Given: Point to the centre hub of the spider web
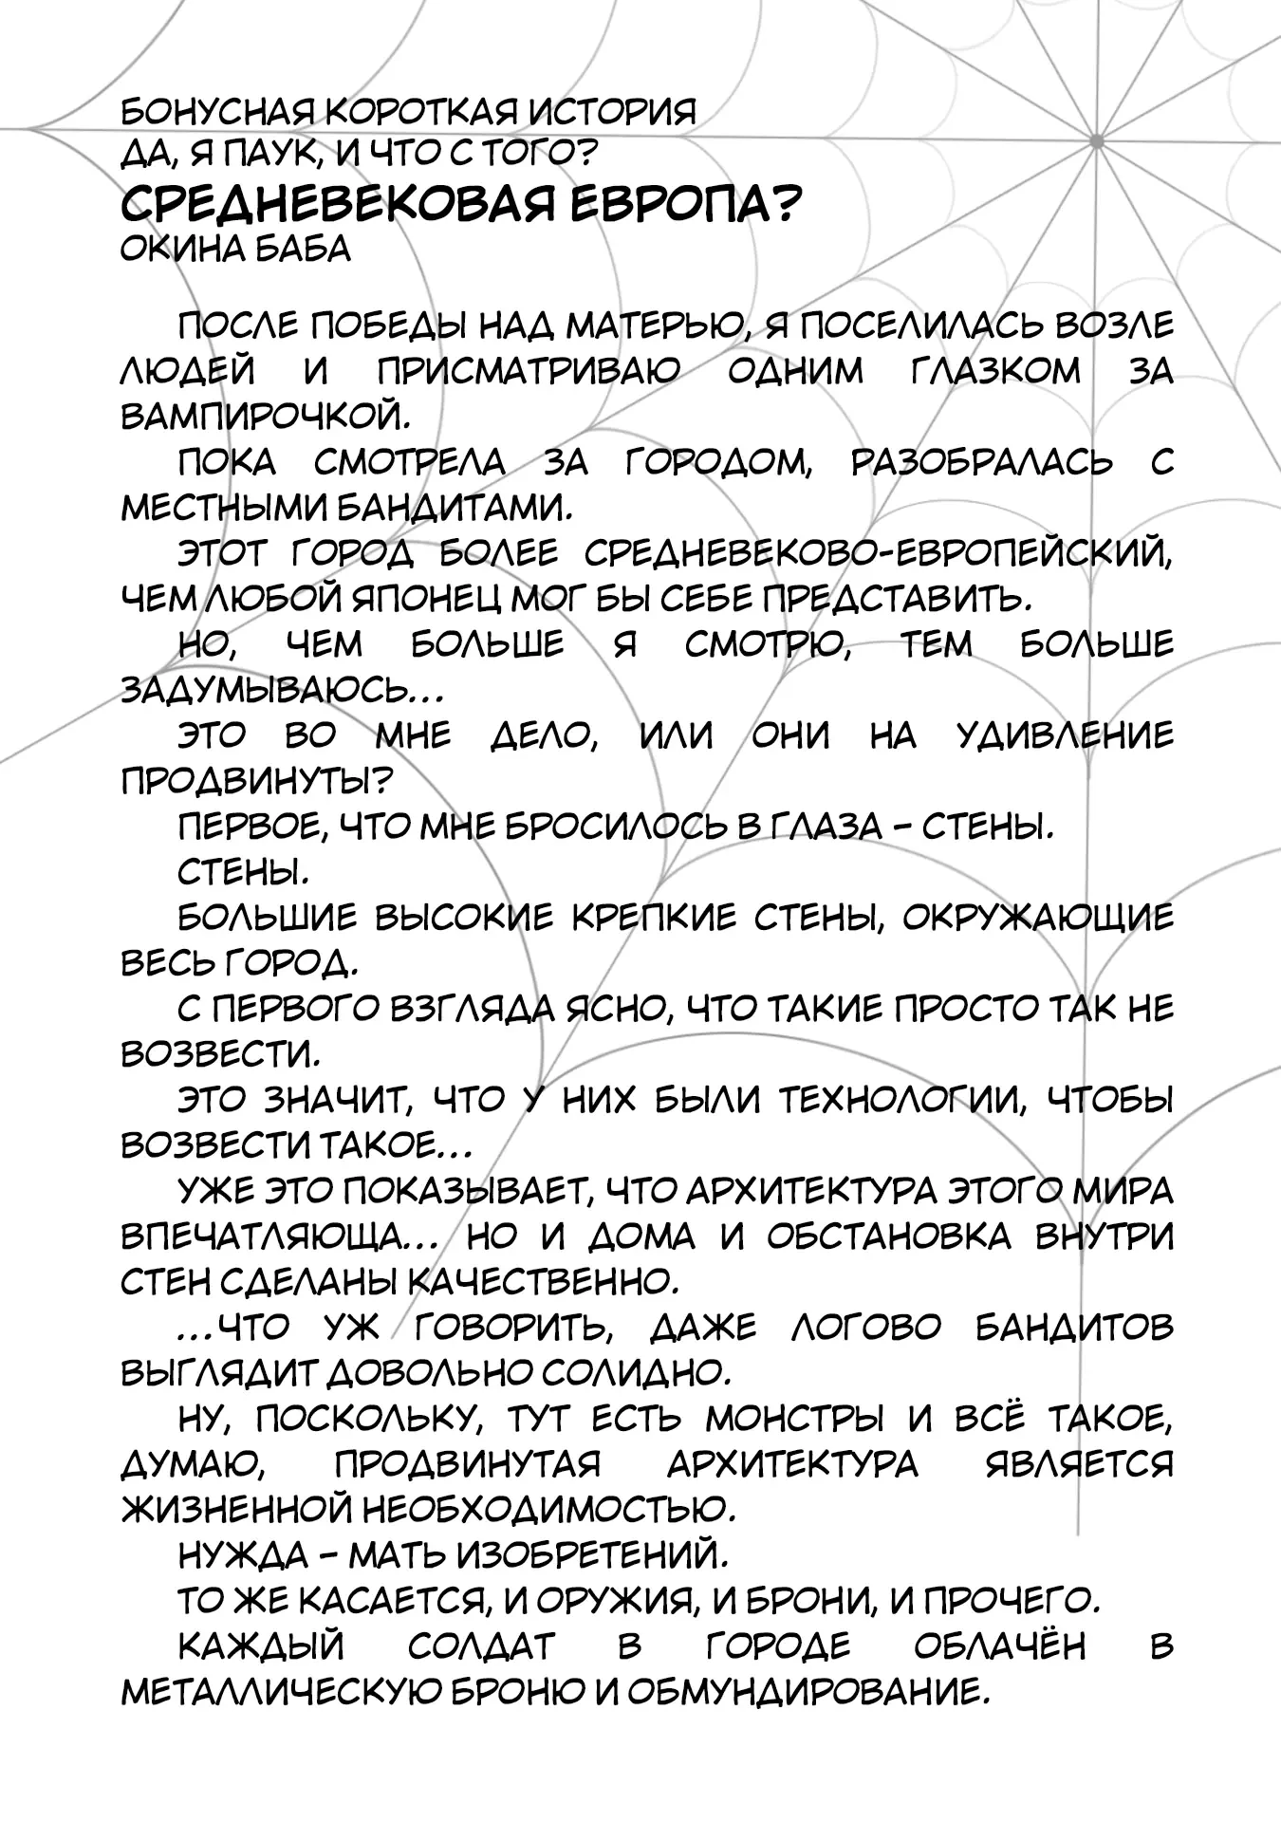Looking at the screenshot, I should [1097, 141].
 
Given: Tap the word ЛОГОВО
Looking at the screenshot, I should [865, 1329].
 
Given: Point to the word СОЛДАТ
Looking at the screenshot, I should [480, 1647].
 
